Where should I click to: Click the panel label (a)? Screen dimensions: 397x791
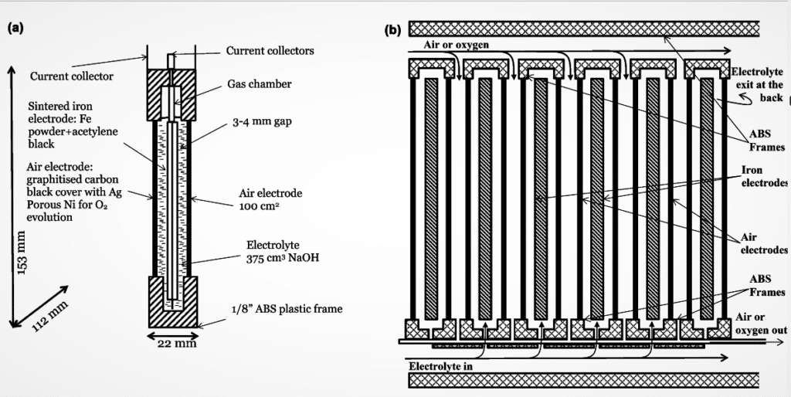(15, 28)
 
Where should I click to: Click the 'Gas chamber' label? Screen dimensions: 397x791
(259, 84)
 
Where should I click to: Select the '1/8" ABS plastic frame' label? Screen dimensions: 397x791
(287, 309)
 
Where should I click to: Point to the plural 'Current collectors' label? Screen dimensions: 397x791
(270, 51)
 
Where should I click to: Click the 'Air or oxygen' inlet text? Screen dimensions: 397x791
(456, 45)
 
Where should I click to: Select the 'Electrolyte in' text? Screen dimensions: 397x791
(440, 365)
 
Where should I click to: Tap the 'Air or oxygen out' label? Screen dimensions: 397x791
(760, 324)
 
